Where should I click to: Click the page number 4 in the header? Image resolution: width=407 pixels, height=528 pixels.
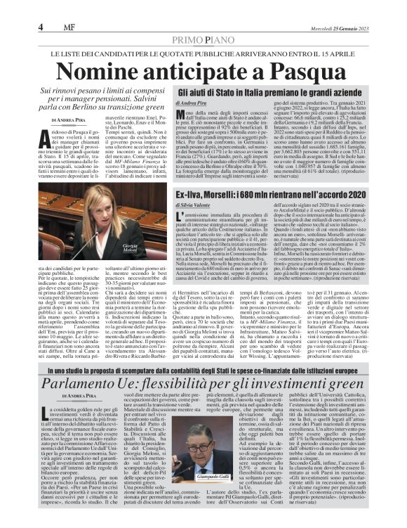[42, 27]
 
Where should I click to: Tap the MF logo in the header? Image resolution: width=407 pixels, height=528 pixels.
[65, 27]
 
